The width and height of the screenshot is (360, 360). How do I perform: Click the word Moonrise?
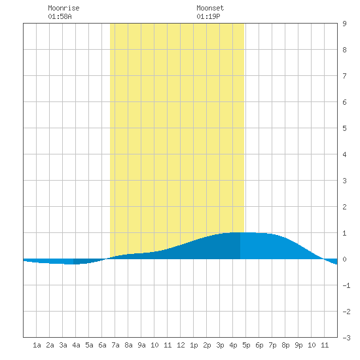click(63, 8)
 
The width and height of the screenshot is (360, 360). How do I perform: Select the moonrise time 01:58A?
click(60, 16)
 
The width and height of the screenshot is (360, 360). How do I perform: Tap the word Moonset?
click(210, 8)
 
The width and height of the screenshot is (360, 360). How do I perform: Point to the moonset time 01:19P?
click(208, 16)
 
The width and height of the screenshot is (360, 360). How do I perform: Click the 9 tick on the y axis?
click(344, 24)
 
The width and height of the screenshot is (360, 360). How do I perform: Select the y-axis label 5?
click(344, 128)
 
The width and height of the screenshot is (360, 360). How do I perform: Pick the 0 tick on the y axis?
click(344, 259)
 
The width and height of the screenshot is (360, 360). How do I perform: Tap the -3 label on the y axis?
click(346, 338)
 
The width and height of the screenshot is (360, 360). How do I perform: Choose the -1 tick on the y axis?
click(346, 285)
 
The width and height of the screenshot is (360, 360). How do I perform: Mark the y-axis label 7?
click(344, 76)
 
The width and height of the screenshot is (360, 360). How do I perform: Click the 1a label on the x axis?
click(37, 345)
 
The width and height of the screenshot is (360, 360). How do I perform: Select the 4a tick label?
click(76, 345)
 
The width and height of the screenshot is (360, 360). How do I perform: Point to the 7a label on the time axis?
click(115, 345)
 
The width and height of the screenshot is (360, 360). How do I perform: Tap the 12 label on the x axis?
click(181, 345)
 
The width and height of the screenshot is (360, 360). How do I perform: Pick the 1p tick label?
click(194, 345)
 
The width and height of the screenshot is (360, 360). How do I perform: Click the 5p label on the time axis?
click(246, 345)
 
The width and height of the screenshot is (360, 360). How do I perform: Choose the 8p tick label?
click(285, 345)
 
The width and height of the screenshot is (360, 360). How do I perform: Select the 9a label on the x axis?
click(141, 345)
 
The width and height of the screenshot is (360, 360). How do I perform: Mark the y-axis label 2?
click(344, 207)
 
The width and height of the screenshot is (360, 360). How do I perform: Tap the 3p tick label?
click(220, 345)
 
